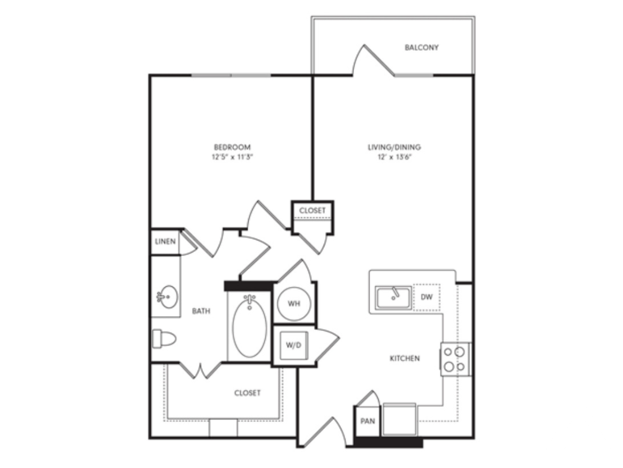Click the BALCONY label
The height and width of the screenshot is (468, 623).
(422, 47)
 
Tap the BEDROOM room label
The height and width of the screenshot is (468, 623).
(232, 147)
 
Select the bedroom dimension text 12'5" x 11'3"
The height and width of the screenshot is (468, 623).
(232, 157)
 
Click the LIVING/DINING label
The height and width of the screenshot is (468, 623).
(390, 147)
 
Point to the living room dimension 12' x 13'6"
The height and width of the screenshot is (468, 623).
(390, 157)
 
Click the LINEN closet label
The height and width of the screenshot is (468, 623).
(165, 241)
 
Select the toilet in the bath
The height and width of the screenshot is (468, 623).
(163, 338)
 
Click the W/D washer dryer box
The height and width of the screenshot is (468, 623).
(293, 345)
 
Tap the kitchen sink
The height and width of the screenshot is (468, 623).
(394, 297)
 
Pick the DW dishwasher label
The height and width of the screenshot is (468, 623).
(427, 297)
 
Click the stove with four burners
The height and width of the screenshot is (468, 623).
(456, 359)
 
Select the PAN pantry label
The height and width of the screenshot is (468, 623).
(367, 421)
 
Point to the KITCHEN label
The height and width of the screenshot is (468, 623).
(405, 359)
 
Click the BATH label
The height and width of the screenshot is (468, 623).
(201, 311)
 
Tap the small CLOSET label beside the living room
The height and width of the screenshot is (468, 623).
(312, 211)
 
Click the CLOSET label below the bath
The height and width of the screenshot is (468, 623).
(248, 393)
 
